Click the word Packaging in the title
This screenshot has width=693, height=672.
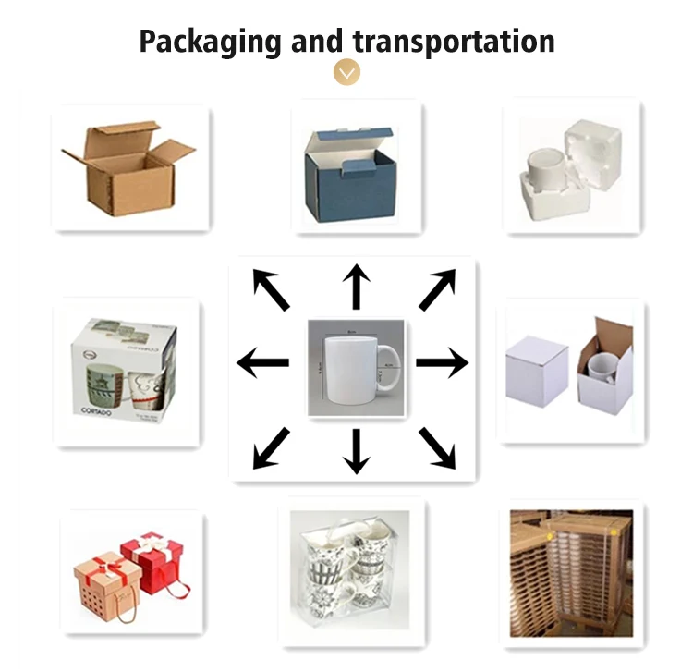coord(210,42)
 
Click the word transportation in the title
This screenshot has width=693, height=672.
coord(454,42)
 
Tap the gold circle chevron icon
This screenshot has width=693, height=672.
coord(346,71)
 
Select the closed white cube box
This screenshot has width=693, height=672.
coord(536,373)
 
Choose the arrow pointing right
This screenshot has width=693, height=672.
coord(443,363)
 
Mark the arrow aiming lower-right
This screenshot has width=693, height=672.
coord(438,447)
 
